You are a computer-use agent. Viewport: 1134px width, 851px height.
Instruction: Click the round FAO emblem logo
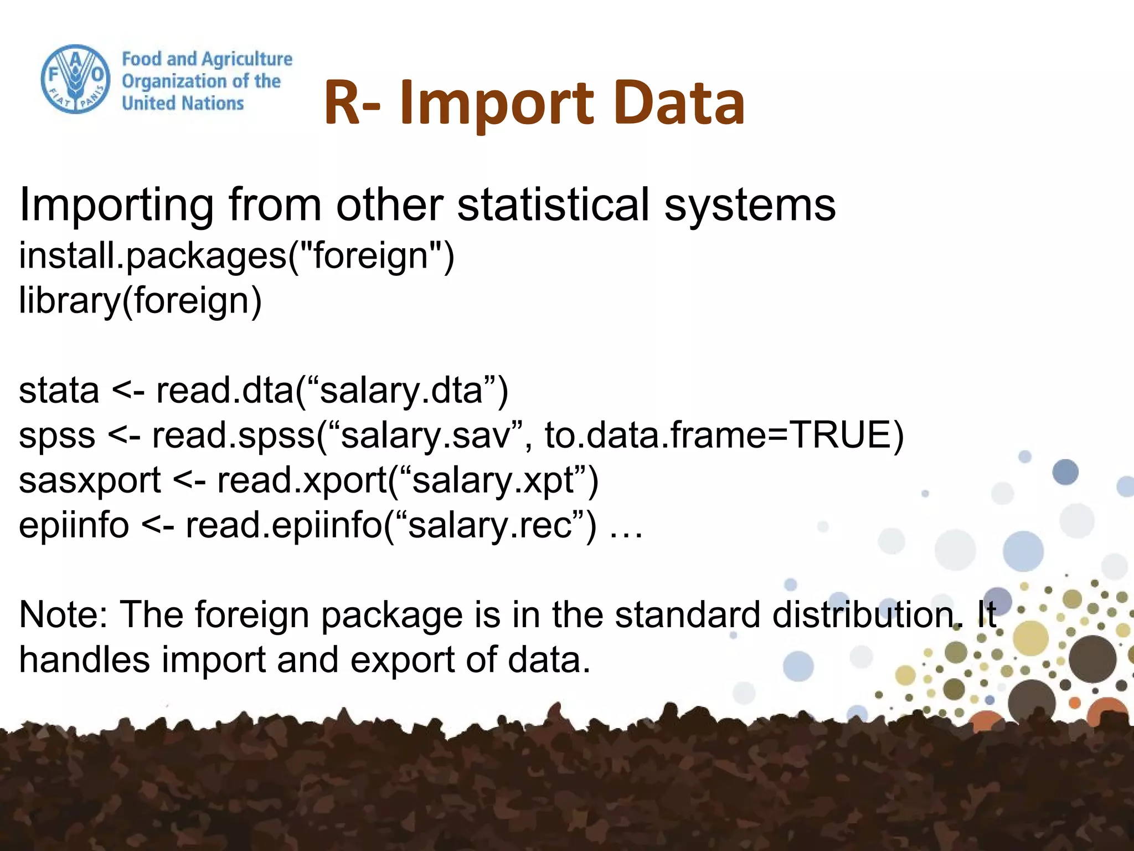75,79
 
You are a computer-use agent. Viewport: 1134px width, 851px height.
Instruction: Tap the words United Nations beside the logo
183,103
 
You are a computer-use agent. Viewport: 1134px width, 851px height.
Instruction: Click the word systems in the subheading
750,205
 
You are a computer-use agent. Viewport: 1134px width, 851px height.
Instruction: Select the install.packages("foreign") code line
236,256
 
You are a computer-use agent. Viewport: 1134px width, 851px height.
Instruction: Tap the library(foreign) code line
140,301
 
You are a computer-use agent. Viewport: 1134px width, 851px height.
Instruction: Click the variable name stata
59,391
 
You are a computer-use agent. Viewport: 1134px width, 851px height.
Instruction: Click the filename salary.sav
425,435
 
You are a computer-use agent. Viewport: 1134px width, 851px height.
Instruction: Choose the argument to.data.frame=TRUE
724,435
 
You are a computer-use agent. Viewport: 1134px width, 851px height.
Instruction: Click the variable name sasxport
90,480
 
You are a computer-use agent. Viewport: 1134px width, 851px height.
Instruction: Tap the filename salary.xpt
493,480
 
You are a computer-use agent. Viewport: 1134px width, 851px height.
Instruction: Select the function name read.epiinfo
284,525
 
